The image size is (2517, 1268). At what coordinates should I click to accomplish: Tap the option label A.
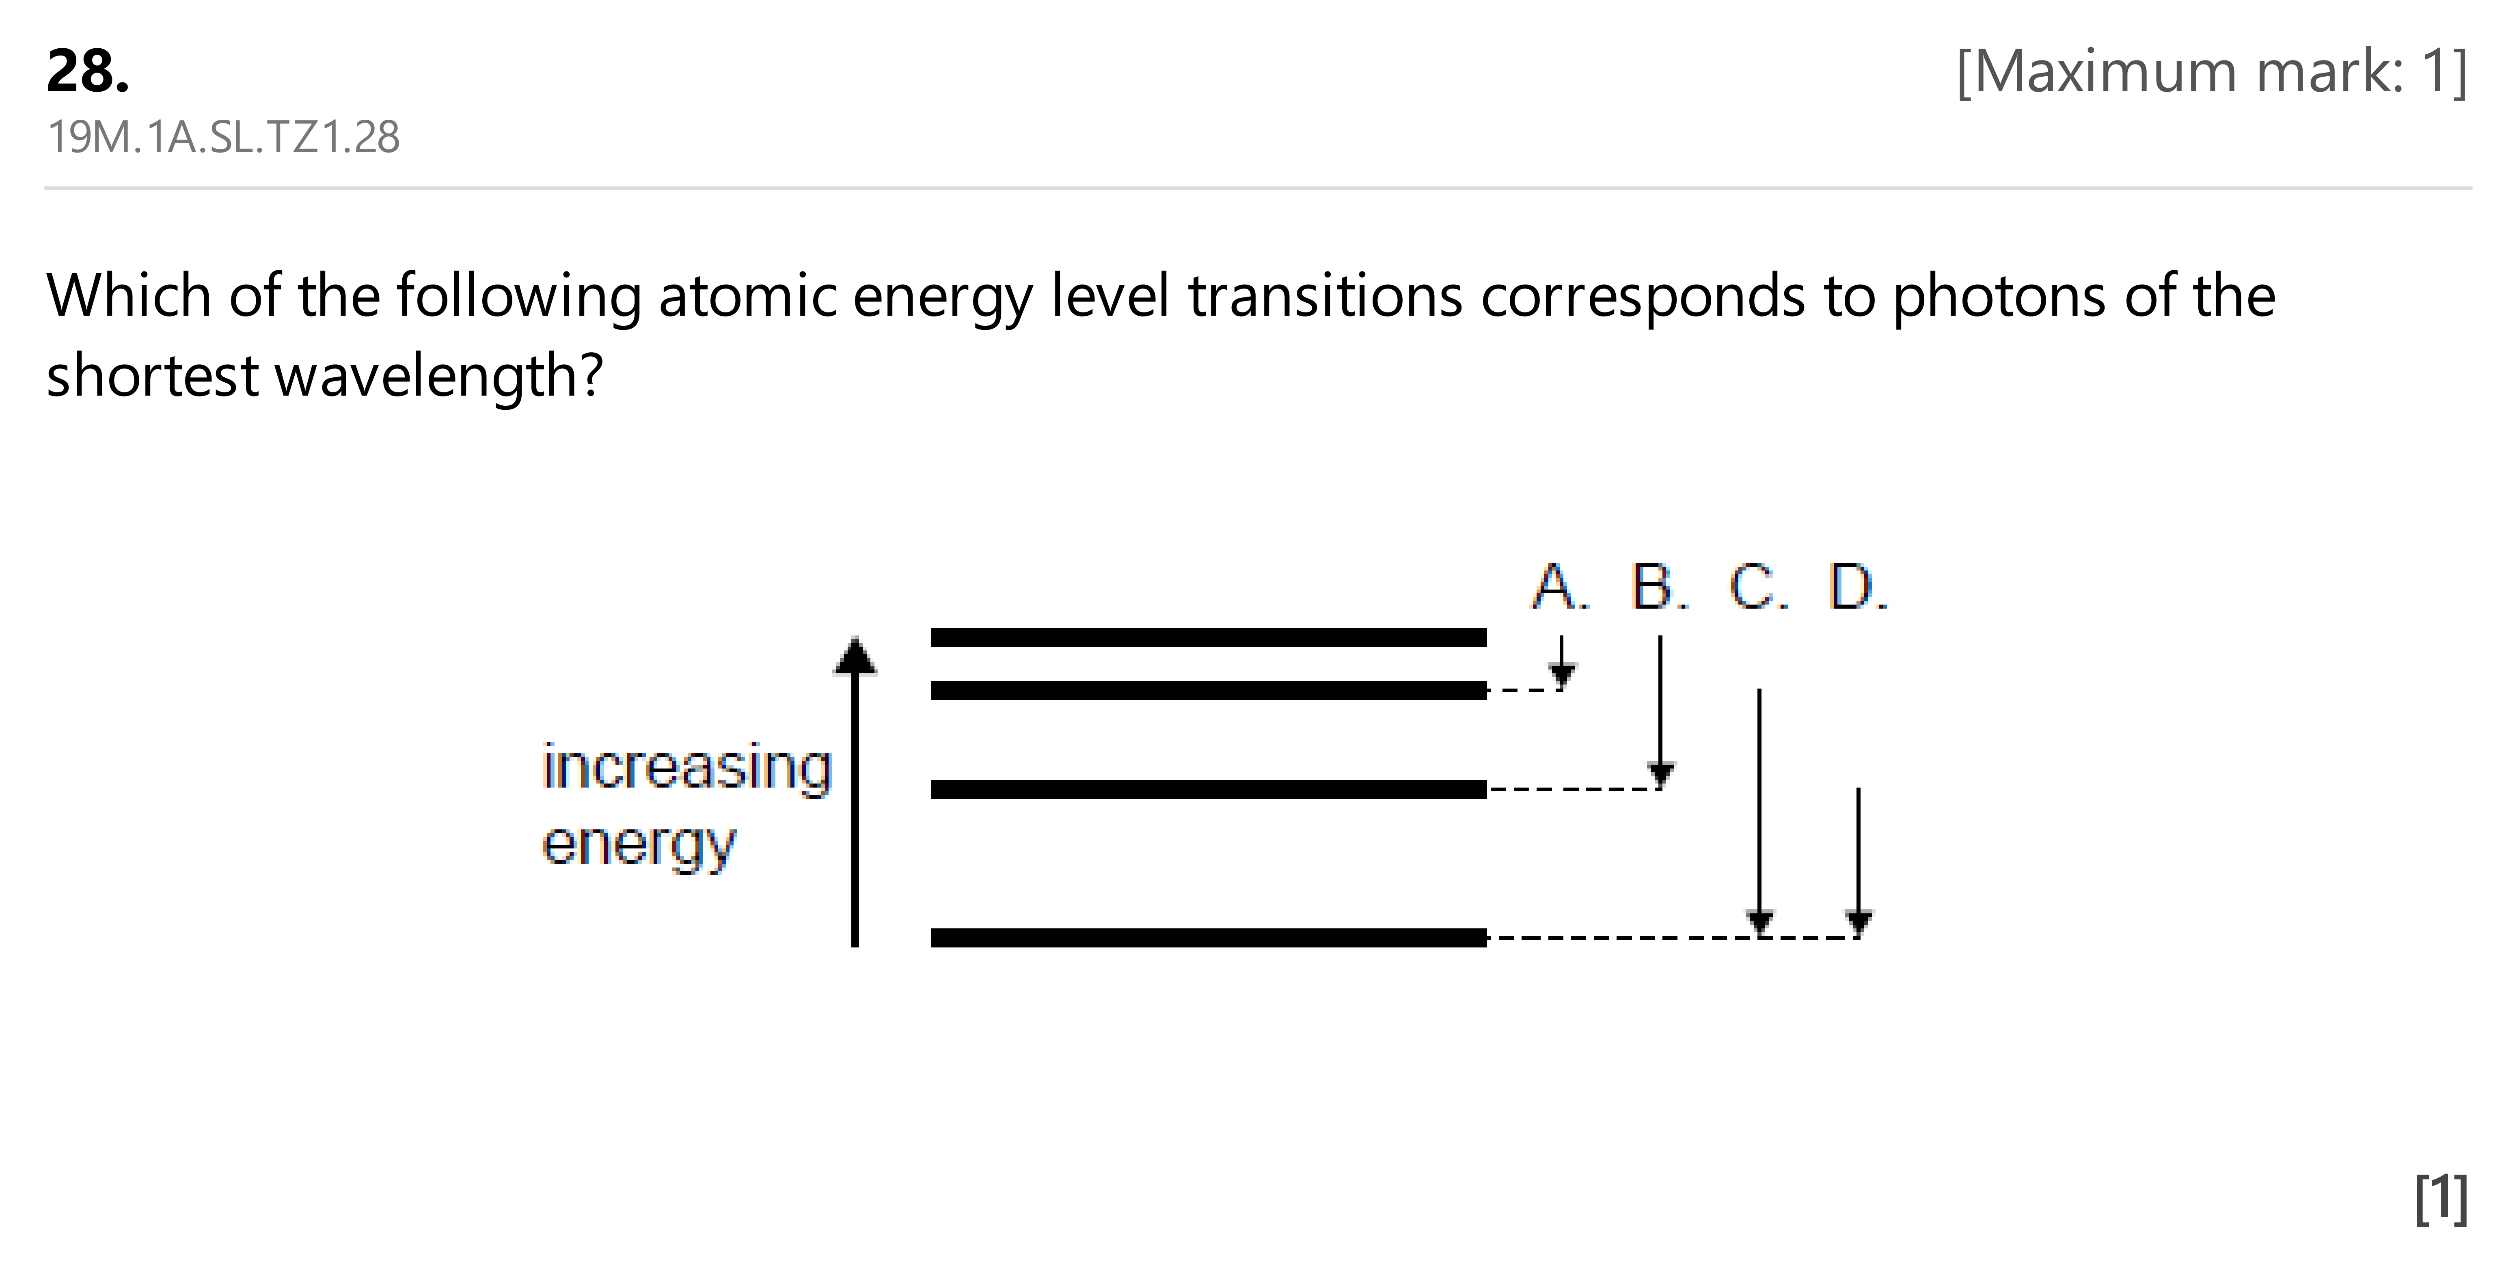[x=1561, y=587]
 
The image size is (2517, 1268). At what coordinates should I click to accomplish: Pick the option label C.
[x=1759, y=587]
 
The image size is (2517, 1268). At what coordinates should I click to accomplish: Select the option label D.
[x=1859, y=587]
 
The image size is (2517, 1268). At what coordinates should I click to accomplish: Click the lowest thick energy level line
[x=1209, y=938]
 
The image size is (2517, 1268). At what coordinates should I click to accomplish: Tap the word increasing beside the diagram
[x=687, y=769]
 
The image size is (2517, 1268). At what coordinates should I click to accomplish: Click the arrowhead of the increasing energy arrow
[x=855, y=655]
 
